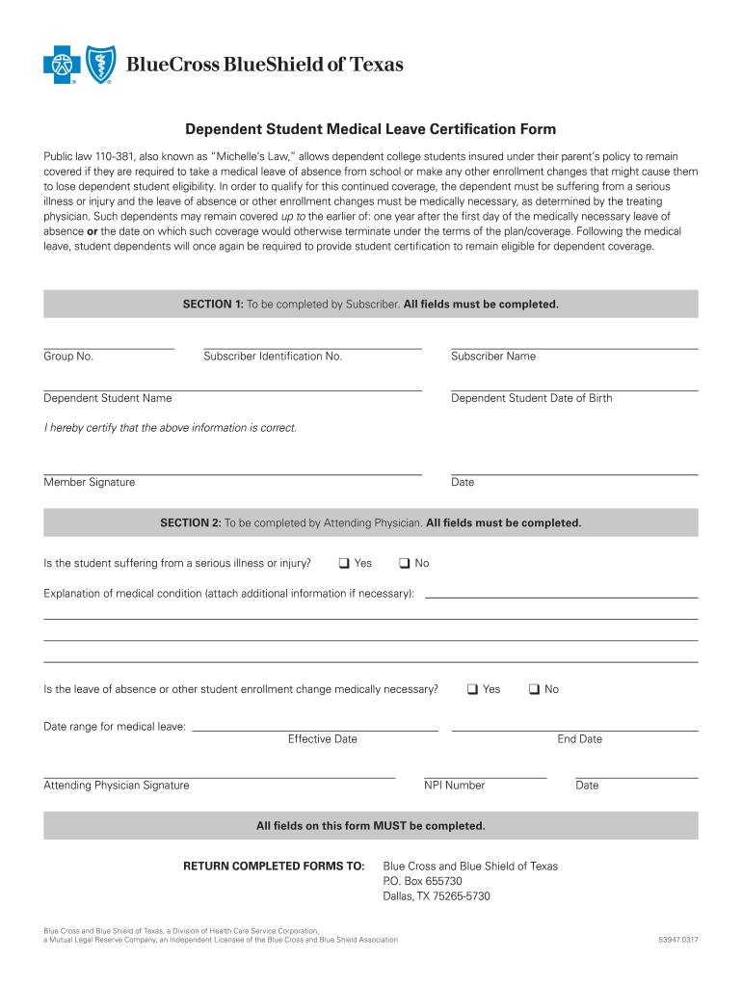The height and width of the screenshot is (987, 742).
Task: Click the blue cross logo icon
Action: pos(61,66)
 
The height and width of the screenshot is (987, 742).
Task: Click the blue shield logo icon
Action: pos(99,66)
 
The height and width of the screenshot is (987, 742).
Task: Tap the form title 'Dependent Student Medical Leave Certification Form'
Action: pos(371,129)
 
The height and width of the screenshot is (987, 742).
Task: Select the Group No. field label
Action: pos(68,357)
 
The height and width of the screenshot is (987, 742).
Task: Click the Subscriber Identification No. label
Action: pos(273,357)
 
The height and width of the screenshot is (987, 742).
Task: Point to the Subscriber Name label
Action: pos(493,357)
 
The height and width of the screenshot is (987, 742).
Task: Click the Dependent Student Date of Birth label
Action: pos(531,398)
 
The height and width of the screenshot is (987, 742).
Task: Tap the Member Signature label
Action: pos(89,482)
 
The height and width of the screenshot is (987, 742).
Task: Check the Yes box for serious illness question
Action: pos(343,563)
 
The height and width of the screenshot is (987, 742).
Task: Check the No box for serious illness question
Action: pos(405,563)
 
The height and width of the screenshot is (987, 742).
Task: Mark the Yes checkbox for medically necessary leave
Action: pos(472,689)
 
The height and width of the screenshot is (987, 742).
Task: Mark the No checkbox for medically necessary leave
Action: pos(534,689)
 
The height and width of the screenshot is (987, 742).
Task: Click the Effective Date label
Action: pos(322,739)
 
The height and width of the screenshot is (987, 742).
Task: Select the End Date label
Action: pos(579,739)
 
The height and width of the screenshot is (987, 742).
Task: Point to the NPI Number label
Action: pos(454,786)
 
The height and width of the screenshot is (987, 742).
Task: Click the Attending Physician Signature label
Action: pos(116,786)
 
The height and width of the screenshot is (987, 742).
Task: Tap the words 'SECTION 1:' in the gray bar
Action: pos(213,305)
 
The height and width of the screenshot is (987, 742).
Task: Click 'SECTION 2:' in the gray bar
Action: pos(190,523)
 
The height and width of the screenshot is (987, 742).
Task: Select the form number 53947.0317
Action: pos(678,940)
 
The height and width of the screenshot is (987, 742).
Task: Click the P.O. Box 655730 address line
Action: pos(422,881)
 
